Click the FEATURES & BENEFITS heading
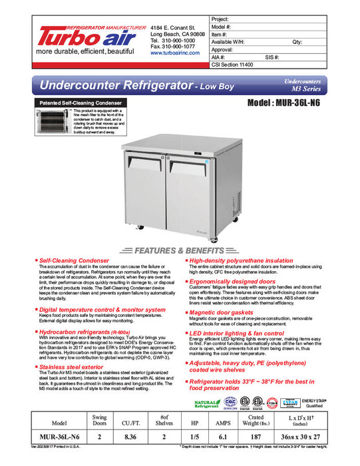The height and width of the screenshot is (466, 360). (180, 251)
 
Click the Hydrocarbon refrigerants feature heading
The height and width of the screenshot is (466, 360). (73, 330)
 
